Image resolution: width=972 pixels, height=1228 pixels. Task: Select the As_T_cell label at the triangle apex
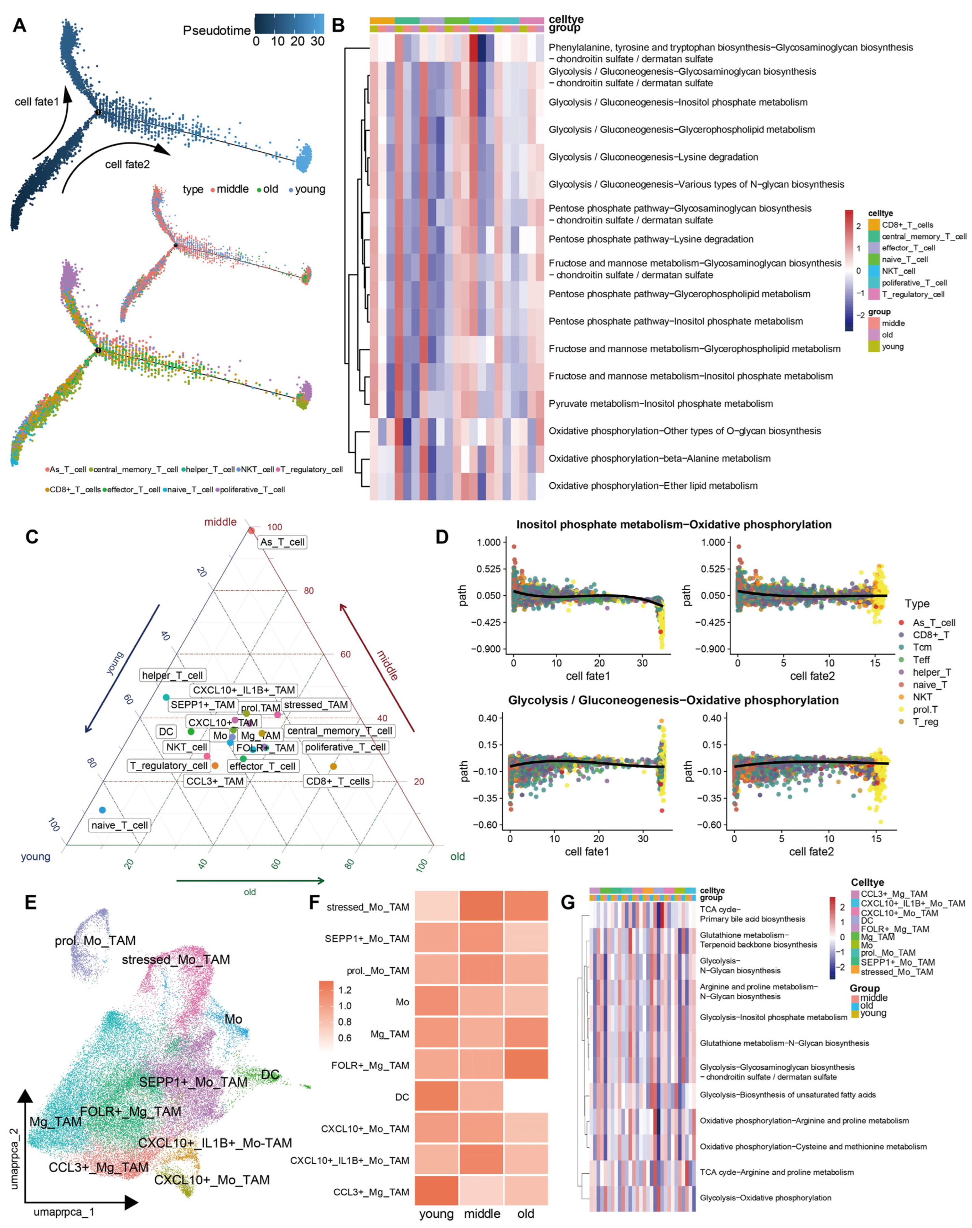click(x=282, y=542)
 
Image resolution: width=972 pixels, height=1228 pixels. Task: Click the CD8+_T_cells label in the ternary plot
click(x=338, y=781)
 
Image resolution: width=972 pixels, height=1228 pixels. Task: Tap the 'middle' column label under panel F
click(x=482, y=1213)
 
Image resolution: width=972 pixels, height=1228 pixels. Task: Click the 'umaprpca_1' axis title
click(x=64, y=1212)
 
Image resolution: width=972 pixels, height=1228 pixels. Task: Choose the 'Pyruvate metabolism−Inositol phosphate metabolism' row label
click(x=661, y=403)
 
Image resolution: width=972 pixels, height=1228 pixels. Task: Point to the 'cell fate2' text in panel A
click(x=127, y=164)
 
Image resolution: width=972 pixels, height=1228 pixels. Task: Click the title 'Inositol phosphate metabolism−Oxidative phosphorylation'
click(x=674, y=524)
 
